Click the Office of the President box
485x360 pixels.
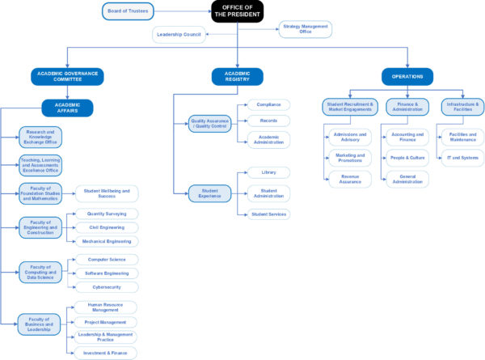(238, 11)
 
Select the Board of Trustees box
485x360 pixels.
(129, 11)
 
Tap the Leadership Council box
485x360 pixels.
(179, 34)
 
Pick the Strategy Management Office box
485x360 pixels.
(306, 29)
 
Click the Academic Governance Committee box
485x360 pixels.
(68, 76)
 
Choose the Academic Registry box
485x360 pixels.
(238, 76)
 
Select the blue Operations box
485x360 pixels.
(407, 76)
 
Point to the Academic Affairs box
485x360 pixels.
(68, 108)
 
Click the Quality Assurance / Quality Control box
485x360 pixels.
(209, 124)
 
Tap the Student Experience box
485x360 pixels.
(209, 193)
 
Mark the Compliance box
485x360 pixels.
(268, 105)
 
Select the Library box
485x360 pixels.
(268, 172)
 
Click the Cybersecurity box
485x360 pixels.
(107, 286)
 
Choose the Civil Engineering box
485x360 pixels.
(107, 227)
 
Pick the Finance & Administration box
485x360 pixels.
(407, 105)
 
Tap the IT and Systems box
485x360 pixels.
(463, 158)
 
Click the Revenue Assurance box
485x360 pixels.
(350, 179)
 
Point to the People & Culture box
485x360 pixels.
(407, 158)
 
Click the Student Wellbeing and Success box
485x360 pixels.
(107, 194)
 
